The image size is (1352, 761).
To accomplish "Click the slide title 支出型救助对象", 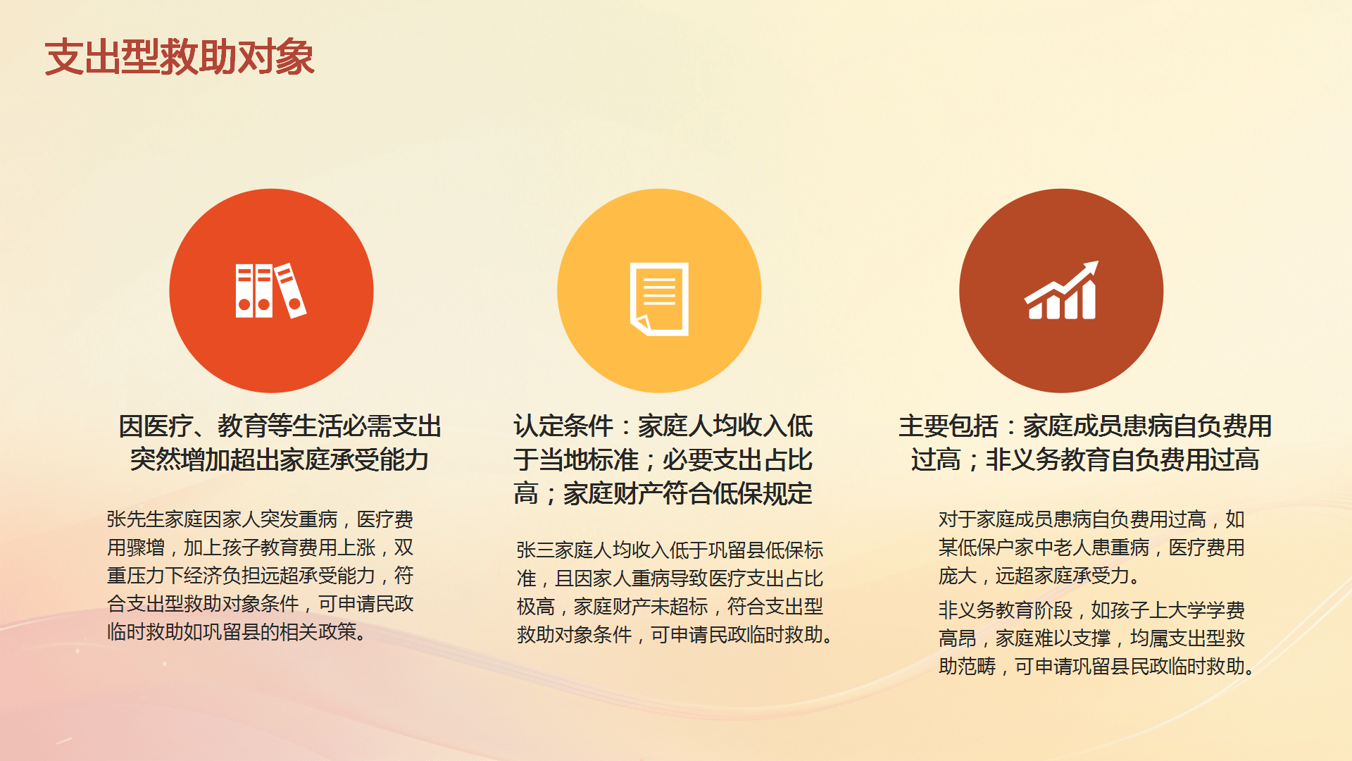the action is [x=180, y=57].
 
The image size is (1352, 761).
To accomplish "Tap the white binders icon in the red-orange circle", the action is [x=271, y=290].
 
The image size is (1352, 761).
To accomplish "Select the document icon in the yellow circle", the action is [x=659, y=299].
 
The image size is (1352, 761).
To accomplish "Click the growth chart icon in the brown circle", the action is [x=1061, y=290].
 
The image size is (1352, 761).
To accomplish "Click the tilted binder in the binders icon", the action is [x=291, y=290].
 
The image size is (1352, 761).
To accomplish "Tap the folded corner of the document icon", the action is [x=641, y=324].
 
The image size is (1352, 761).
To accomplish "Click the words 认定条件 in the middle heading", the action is [x=563, y=426].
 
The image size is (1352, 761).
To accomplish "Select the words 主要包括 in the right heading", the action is [x=949, y=426].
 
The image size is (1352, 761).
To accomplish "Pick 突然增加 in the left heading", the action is [x=180, y=459].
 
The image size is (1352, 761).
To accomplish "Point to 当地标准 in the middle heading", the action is [x=589, y=459].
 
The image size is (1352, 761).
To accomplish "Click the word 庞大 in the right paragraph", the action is [x=958, y=576].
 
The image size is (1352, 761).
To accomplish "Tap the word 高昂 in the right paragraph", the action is [x=958, y=638].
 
